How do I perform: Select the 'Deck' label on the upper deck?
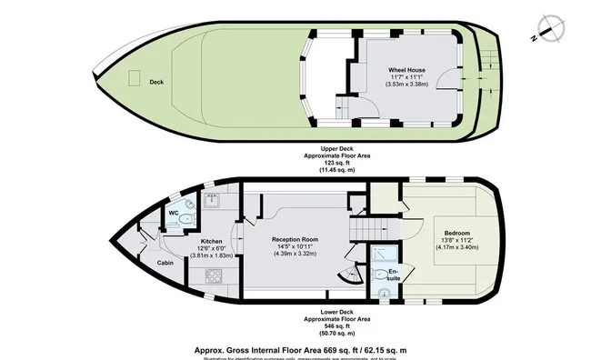[156, 81]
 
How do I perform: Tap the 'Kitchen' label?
[212, 241]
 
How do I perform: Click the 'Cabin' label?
[165, 263]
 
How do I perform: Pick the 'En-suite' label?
[393, 275]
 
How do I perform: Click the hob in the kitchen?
[215, 276]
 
